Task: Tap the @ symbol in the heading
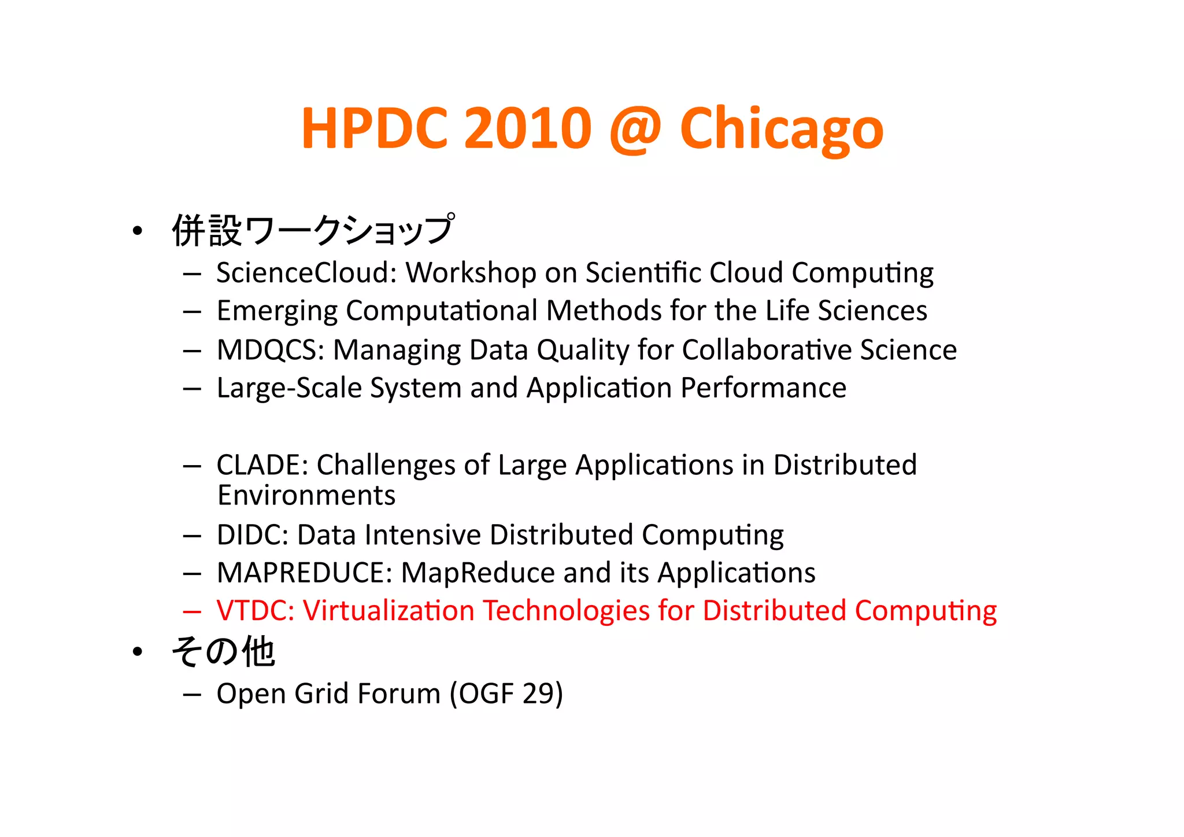coord(635,130)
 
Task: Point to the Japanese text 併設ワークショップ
coord(313,230)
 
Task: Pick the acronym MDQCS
coord(270,350)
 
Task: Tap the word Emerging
coord(276,311)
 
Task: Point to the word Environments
coord(306,496)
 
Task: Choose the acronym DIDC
coord(252,534)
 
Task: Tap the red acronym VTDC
coord(255,611)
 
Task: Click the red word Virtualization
coord(388,611)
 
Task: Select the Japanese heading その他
coord(223,652)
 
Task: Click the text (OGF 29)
coord(506,694)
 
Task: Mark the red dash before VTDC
coord(191,611)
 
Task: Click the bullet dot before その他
coord(137,652)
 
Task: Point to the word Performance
coord(763,388)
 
